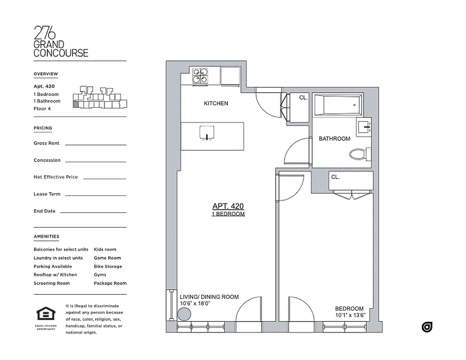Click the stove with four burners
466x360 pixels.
(x=201, y=76)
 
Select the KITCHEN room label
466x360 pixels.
(x=216, y=103)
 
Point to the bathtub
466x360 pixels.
(x=338, y=105)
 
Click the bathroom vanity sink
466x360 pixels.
(x=364, y=127)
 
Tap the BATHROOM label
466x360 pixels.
(x=334, y=139)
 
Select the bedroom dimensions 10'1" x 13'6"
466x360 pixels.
(x=349, y=315)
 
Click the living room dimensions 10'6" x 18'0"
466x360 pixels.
(x=195, y=304)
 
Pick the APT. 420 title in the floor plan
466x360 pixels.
(x=228, y=206)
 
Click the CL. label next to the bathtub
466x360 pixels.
(x=303, y=97)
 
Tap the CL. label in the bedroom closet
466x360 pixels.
(x=335, y=177)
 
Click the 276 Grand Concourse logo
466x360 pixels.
(x=61, y=41)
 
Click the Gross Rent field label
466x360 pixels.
(x=46, y=143)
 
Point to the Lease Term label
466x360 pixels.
(x=47, y=194)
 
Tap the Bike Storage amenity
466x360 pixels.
(x=108, y=266)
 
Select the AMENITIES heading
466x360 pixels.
(x=46, y=236)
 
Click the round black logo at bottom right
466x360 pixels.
(x=427, y=327)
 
